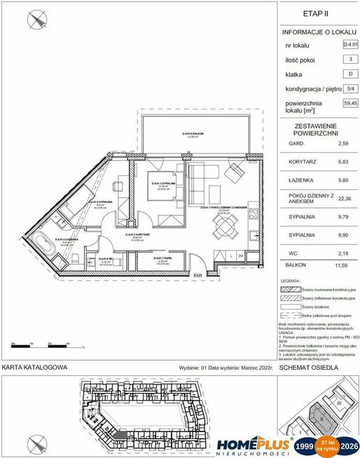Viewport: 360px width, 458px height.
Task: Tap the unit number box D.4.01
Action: tap(348, 43)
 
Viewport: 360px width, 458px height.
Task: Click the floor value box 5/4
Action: tap(348, 88)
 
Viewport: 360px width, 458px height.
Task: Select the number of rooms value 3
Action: tap(348, 58)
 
